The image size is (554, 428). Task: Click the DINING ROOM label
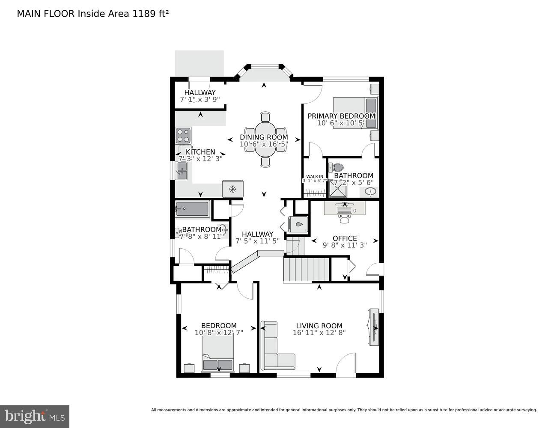pos(264,137)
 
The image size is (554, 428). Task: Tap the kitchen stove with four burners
pos(183,136)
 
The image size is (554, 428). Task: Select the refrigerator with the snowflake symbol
pos(232,189)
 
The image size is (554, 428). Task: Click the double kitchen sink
pos(182,171)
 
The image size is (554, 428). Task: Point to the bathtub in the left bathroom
pos(192,209)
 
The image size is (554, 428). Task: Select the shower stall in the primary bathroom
pos(337,188)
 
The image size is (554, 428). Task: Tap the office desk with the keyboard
pos(345,208)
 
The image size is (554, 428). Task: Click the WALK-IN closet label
pos(315,176)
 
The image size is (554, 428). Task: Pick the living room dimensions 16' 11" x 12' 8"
pos(319,333)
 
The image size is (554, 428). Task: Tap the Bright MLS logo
pos(35,416)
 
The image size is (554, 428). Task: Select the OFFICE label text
pos(345,238)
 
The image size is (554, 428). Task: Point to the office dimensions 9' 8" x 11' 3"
pos(345,245)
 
